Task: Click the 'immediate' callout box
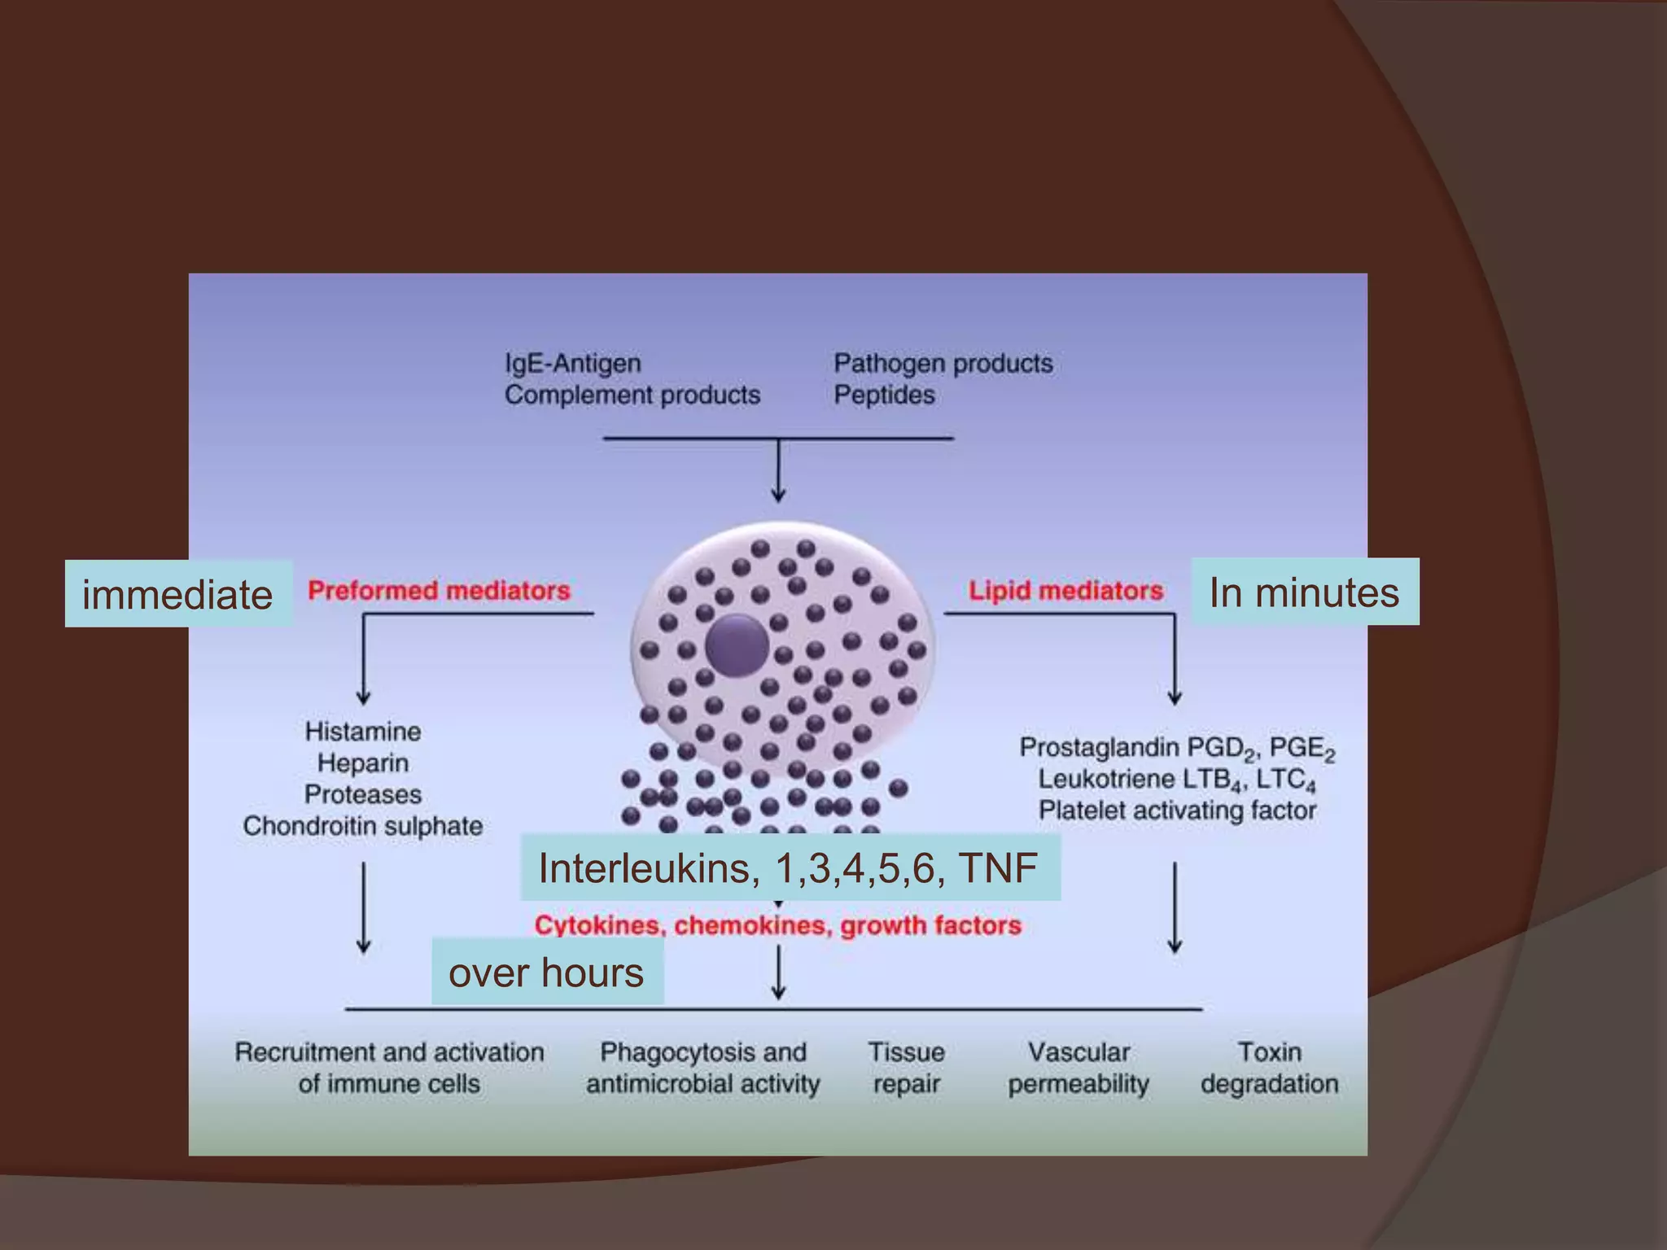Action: (177, 594)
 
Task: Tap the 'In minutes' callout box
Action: (1304, 592)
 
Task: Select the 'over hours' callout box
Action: (546, 972)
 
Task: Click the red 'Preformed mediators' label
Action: (439, 590)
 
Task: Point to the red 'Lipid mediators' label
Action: (1065, 590)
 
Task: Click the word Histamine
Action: (363, 731)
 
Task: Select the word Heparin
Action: (363, 763)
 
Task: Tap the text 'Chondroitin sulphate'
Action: (363, 826)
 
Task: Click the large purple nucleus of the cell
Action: (736, 645)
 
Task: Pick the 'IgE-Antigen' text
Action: (573, 363)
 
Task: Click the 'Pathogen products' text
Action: (943, 363)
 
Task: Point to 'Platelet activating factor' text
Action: (1177, 811)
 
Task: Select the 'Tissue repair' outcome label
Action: (906, 1068)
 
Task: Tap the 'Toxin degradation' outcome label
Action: (1269, 1068)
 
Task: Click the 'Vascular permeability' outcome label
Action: (1079, 1068)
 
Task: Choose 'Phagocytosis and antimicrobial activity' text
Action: (703, 1068)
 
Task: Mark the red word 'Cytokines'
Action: (597, 925)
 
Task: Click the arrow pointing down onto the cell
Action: (778, 472)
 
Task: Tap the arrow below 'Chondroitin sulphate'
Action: (364, 907)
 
